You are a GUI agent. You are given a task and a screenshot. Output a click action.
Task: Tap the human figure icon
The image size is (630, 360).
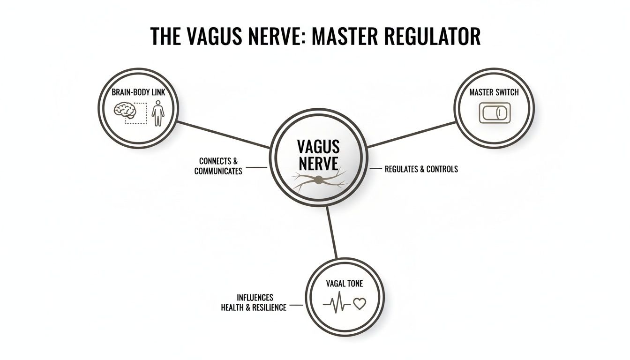pos(158,112)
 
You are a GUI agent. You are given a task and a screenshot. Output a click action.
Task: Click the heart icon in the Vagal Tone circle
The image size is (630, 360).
pos(359,304)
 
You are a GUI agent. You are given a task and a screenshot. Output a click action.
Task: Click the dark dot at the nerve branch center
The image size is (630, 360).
pos(319,180)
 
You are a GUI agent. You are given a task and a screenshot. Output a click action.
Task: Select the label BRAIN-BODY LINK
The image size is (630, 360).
pos(139,93)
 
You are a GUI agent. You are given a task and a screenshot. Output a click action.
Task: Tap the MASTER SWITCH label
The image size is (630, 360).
pos(494,92)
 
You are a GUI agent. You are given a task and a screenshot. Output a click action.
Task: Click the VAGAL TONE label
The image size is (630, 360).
pos(345,284)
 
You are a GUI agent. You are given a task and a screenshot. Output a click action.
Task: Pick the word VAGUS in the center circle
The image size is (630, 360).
pos(318,147)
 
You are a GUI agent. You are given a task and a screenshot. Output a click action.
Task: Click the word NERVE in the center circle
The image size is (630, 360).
pos(318,164)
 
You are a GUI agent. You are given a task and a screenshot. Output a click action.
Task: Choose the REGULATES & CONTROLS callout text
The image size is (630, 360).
pos(421,169)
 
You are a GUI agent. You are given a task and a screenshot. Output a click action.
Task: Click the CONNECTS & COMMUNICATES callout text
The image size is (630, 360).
pos(218,166)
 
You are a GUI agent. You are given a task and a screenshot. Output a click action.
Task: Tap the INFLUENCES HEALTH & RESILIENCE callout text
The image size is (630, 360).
pos(254,303)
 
